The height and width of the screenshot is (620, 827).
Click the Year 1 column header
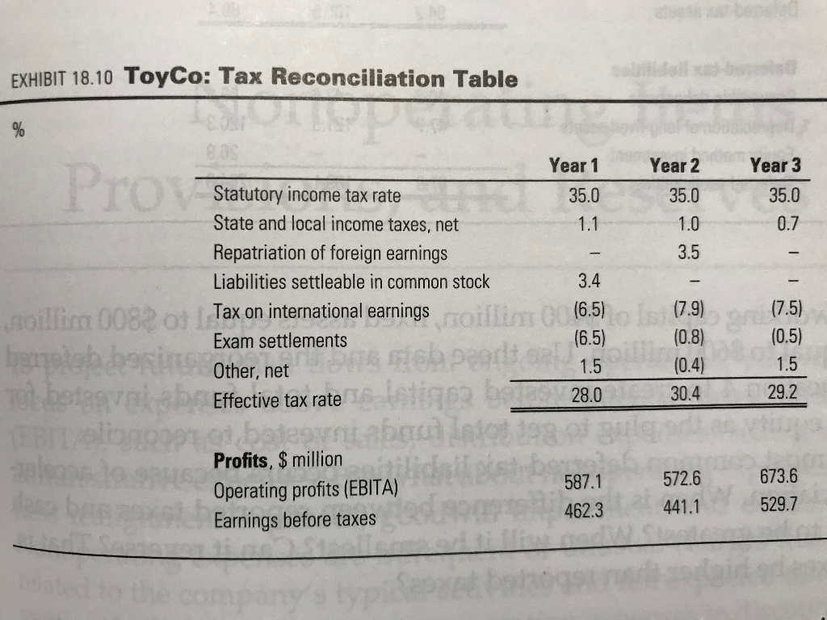click(x=573, y=165)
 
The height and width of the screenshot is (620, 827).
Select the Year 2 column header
click(x=674, y=165)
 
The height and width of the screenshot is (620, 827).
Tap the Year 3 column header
click(x=775, y=166)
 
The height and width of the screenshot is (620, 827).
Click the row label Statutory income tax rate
click(x=307, y=195)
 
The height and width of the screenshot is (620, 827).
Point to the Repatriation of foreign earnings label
click(x=330, y=253)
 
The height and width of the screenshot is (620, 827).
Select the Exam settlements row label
click(x=279, y=341)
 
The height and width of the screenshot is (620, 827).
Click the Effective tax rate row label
click(x=277, y=399)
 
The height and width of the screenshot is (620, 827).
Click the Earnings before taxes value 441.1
click(x=678, y=509)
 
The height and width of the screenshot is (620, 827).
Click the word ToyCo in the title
click(x=164, y=78)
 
